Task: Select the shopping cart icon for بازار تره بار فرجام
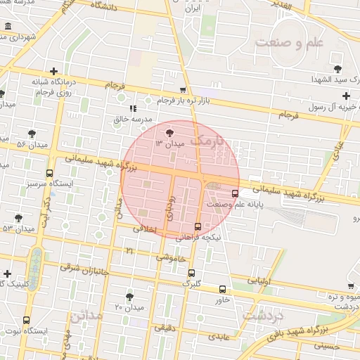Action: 183,90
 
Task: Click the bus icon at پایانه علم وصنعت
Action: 235,193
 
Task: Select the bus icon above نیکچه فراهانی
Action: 198,226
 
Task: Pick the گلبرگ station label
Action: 191,283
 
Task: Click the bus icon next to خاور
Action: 223,289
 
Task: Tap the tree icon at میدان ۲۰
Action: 129,297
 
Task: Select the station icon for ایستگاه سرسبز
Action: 49,173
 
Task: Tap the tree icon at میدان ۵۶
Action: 32,133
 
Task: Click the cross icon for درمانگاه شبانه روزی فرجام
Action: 54,71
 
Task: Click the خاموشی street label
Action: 172,259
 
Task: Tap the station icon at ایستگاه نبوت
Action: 27,320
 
